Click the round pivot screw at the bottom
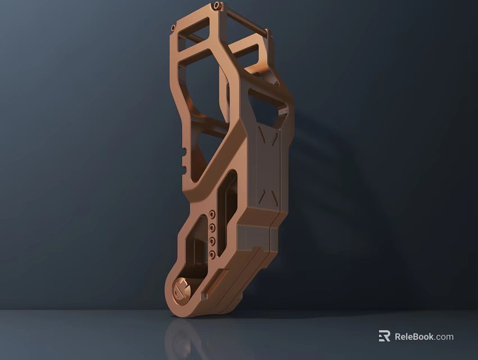pyautogui.click(x=181, y=290)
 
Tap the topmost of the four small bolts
pyautogui.click(x=211, y=214)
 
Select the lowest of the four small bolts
pyautogui.click(x=211, y=255)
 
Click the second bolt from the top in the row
pyautogui.click(x=211, y=228)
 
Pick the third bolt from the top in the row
pyautogui.click(x=211, y=241)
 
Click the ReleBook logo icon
pyautogui.click(x=384, y=336)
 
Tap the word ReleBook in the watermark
pyautogui.click(x=414, y=336)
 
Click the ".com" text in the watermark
pyautogui.click(x=444, y=336)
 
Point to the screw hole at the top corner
pyautogui.click(x=217, y=6)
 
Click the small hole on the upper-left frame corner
pyautogui.click(x=173, y=28)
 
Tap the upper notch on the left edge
pyautogui.click(x=184, y=151)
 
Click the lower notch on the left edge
pyautogui.click(x=184, y=169)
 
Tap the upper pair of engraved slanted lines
pyautogui.click(x=268, y=136)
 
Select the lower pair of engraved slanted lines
pyautogui.click(x=267, y=197)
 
